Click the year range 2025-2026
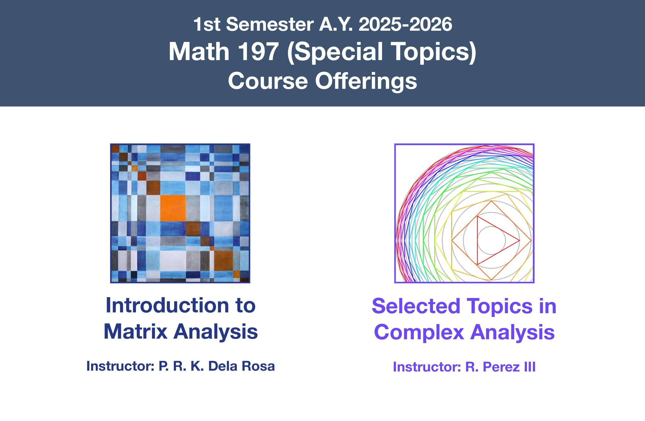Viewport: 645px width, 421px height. (x=405, y=25)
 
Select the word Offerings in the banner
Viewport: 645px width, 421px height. (x=366, y=81)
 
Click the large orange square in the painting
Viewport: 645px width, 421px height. (x=173, y=208)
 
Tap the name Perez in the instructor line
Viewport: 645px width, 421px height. (x=499, y=367)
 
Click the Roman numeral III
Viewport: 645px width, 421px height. (x=527, y=367)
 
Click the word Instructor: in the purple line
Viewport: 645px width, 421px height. (x=427, y=367)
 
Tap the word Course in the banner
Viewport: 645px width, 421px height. (x=268, y=81)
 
